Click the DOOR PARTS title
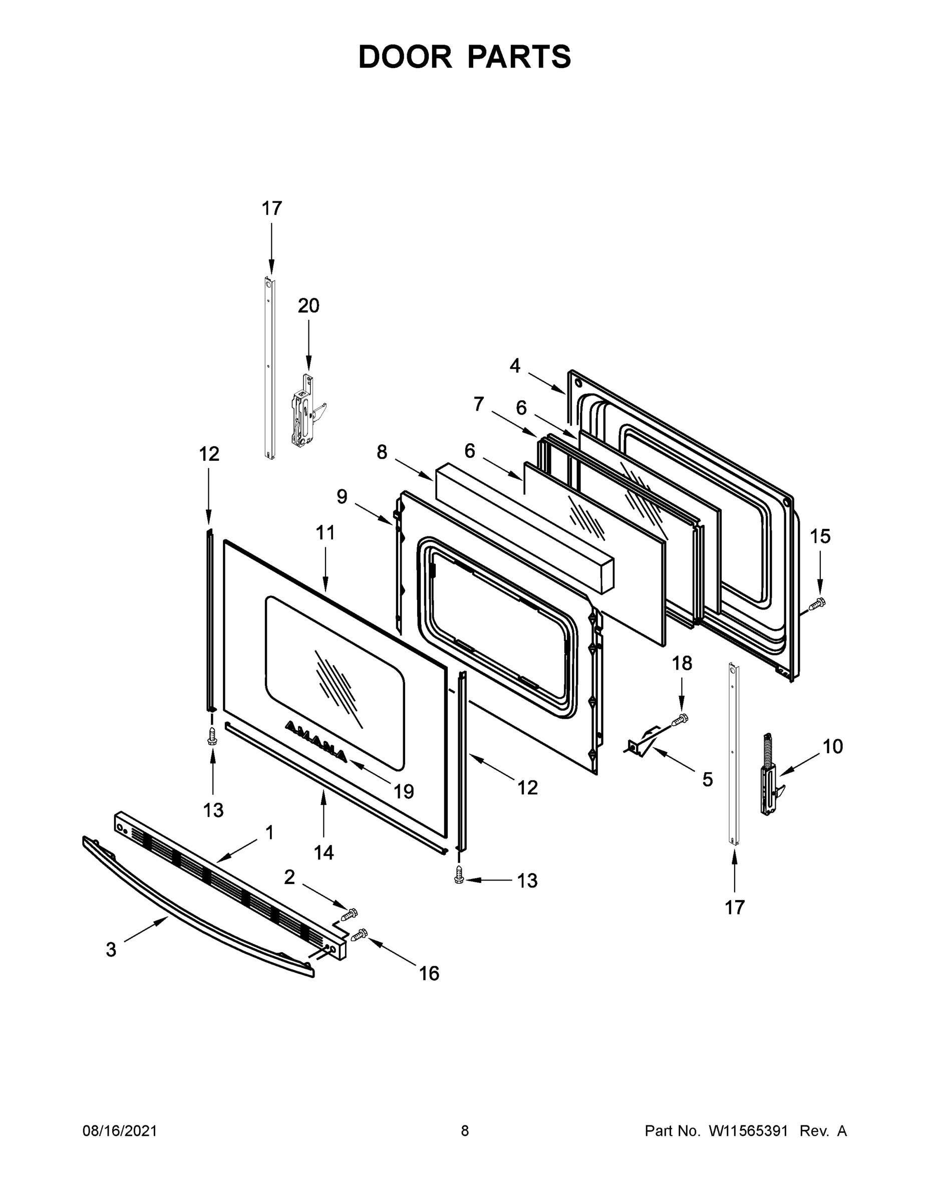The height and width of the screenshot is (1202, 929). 465,57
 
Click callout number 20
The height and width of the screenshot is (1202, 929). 308,306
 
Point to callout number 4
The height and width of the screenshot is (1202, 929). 515,366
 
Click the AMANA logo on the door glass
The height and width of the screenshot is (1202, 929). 316,741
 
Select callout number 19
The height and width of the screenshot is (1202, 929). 404,791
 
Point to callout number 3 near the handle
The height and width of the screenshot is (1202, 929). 111,950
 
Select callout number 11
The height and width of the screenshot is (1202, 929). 325,533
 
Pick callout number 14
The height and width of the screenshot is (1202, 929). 324,852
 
